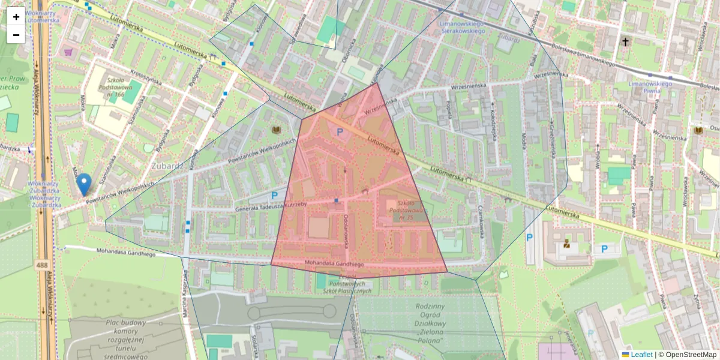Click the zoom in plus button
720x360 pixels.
(x=16, y=16)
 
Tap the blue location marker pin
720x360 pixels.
(x=84, y=184)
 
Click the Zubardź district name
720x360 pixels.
(x=169, y=166)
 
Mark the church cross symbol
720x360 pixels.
(x=625, y=42)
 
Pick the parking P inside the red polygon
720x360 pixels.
(x=340, y=132)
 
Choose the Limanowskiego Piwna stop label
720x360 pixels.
(x=649, y=88)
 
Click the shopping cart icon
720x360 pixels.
(x=68, y=52)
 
